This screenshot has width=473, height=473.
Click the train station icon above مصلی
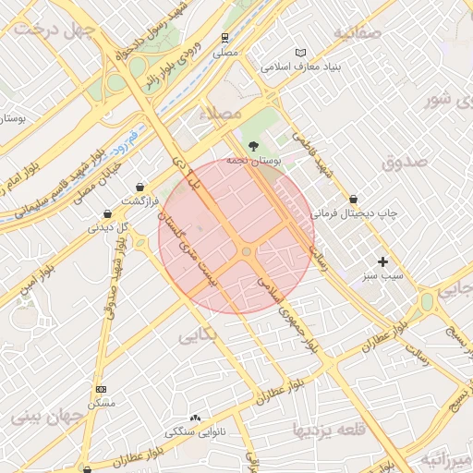pos(225,38)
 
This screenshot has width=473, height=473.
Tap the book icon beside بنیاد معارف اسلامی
pos(300,53)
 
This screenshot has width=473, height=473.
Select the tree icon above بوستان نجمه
pos(254,145)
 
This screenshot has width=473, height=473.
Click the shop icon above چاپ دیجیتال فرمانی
pos(354,199)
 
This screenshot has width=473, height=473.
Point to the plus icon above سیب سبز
pos(382,261)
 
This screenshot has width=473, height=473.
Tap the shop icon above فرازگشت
pos(139,187)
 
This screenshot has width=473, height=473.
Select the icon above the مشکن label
pos(101,389)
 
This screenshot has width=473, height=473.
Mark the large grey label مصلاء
pos(221,112)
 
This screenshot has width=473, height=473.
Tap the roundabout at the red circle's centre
pos(246,251)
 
